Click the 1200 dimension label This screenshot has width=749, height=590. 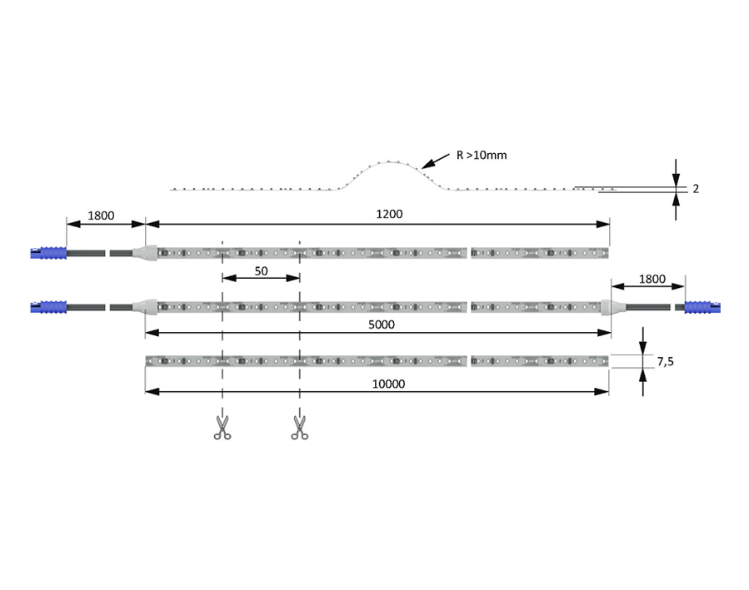point(389,214)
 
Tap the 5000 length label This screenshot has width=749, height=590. point(382,325)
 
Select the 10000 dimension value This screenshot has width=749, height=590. point(388,384)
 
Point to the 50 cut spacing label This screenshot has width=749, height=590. point(261,271)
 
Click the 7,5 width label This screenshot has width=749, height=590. point(665,361)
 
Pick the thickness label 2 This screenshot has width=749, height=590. point(696,189)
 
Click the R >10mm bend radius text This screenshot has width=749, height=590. point(482,155)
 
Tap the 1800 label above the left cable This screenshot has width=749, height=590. point(101,216)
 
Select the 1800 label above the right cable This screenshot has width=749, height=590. point(652,279)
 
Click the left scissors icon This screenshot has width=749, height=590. point(222,428)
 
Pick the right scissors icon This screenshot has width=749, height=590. point(299,428)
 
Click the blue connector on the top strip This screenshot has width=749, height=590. point(48,253)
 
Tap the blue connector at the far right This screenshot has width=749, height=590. point(702,307)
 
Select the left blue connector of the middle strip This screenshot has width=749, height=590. point(48,307)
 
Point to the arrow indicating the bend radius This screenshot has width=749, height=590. point(435,161)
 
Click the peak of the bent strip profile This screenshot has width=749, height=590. point(389,161)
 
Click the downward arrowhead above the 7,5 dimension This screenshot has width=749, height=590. point(643,347)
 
